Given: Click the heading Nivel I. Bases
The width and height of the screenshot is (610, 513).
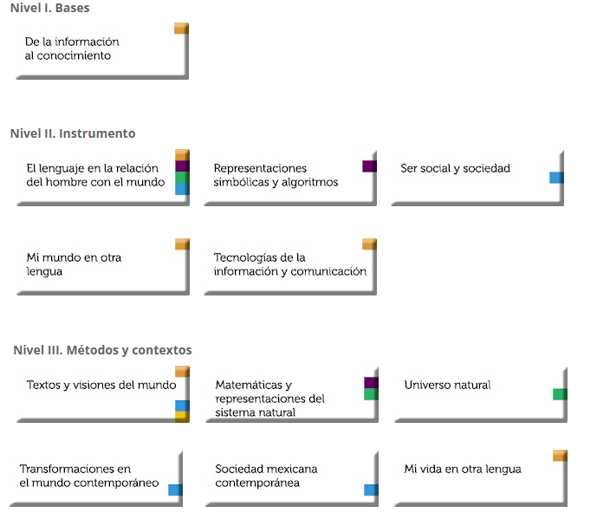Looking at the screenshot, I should tap(49, 8).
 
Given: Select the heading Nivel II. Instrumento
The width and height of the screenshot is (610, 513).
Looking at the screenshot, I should tap(73, 133).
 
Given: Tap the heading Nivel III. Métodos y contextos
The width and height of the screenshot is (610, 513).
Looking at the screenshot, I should tap(102, 350).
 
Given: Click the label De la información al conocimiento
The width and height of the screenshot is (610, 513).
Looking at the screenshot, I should tap(72, 49).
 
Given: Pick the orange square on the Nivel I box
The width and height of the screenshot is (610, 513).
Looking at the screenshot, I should tap(181, 28).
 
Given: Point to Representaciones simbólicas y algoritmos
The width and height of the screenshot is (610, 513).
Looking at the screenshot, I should tap(276, 175).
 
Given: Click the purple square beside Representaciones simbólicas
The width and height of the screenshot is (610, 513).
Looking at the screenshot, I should tap(369, 166).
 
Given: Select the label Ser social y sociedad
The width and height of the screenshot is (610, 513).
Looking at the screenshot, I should tap(455, 168).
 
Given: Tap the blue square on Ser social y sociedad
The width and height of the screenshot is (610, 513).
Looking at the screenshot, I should tap(556, 178).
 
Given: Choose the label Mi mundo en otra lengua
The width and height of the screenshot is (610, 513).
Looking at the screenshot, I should tap(74, 264).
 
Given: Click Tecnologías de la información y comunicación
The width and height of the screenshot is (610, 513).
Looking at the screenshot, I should tap(289, 264).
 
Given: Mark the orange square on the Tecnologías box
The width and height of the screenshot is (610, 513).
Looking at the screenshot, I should tap(369, 244).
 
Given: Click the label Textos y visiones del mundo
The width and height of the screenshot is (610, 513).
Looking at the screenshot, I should tap(101, 385).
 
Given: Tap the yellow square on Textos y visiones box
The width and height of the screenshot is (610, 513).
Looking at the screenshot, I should tap(182, 416).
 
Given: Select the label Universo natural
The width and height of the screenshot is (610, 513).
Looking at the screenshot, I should tap(447, 385).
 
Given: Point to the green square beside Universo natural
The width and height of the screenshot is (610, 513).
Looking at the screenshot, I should tap(560, 394).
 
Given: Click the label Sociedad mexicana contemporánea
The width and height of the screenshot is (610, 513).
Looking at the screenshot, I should tap(266, 476).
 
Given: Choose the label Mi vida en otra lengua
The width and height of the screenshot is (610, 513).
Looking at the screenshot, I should tap(463, 469).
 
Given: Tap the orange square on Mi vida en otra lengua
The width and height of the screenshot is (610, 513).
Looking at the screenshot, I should tap(560, 455).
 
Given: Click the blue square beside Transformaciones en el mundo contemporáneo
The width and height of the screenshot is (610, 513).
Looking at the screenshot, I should tap(175, 490).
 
